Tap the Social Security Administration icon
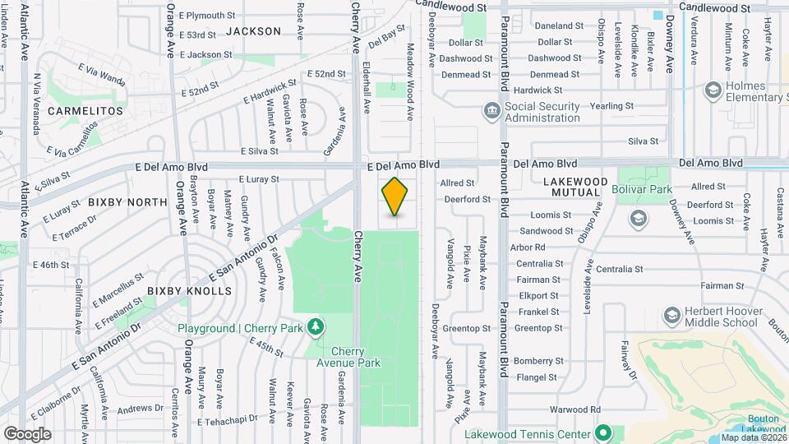(491, 110)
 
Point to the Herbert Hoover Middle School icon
(672, 316)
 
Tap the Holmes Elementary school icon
(713, 90)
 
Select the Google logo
(27, 433)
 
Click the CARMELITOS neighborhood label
(85, 110)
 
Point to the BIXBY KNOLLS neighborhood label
(189, 291)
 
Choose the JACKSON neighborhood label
(253, 31)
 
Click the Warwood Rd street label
(575, 409)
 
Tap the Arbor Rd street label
(528, 247)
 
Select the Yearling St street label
(612, 105)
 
